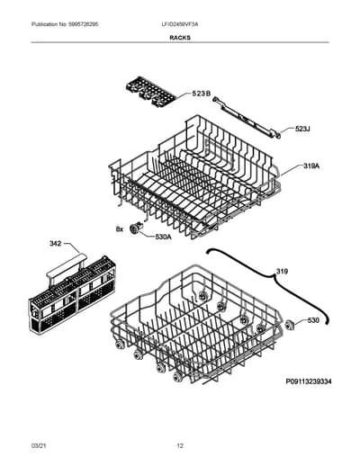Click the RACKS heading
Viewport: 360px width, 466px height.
tap(180, 38)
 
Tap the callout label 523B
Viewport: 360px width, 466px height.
tap(201, 94)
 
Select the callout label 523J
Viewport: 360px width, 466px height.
tap(302, 129)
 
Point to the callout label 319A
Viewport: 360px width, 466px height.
tap(311, 166)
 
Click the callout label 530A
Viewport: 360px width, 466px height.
tap(163, 237)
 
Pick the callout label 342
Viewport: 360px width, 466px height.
tap(56, 244)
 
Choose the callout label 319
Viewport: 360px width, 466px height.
tap(282, 272)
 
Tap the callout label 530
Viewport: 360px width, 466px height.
tap(313, 320)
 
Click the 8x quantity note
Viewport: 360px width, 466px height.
tap(120, 229)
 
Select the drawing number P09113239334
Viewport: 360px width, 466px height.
tap(309, 381)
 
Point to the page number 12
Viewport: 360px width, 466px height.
tap(180, 445)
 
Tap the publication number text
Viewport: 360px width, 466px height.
tap(65, 24)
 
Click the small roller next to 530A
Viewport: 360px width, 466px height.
tap(136, 229)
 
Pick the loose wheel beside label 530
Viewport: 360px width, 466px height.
tap(290, 325)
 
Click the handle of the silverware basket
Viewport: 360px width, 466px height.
tap(67, 268)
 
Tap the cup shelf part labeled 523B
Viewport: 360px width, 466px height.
tap(150, 92)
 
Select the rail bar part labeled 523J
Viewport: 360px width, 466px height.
tap(247, 117)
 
